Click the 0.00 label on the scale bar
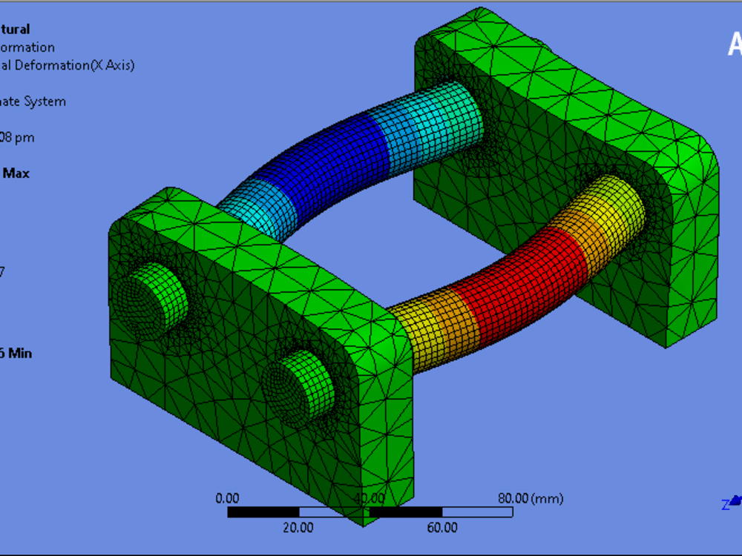[x=227, y=498]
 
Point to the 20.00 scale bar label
[x=298, y=528]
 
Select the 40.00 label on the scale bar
[x=369, y=498]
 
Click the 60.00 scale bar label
[x=442, y=528]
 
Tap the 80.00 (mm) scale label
[x=530, y=498]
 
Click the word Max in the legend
[x=16, y=173]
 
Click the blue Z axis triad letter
[x=725, y=505]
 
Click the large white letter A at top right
[x=734, y=44]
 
